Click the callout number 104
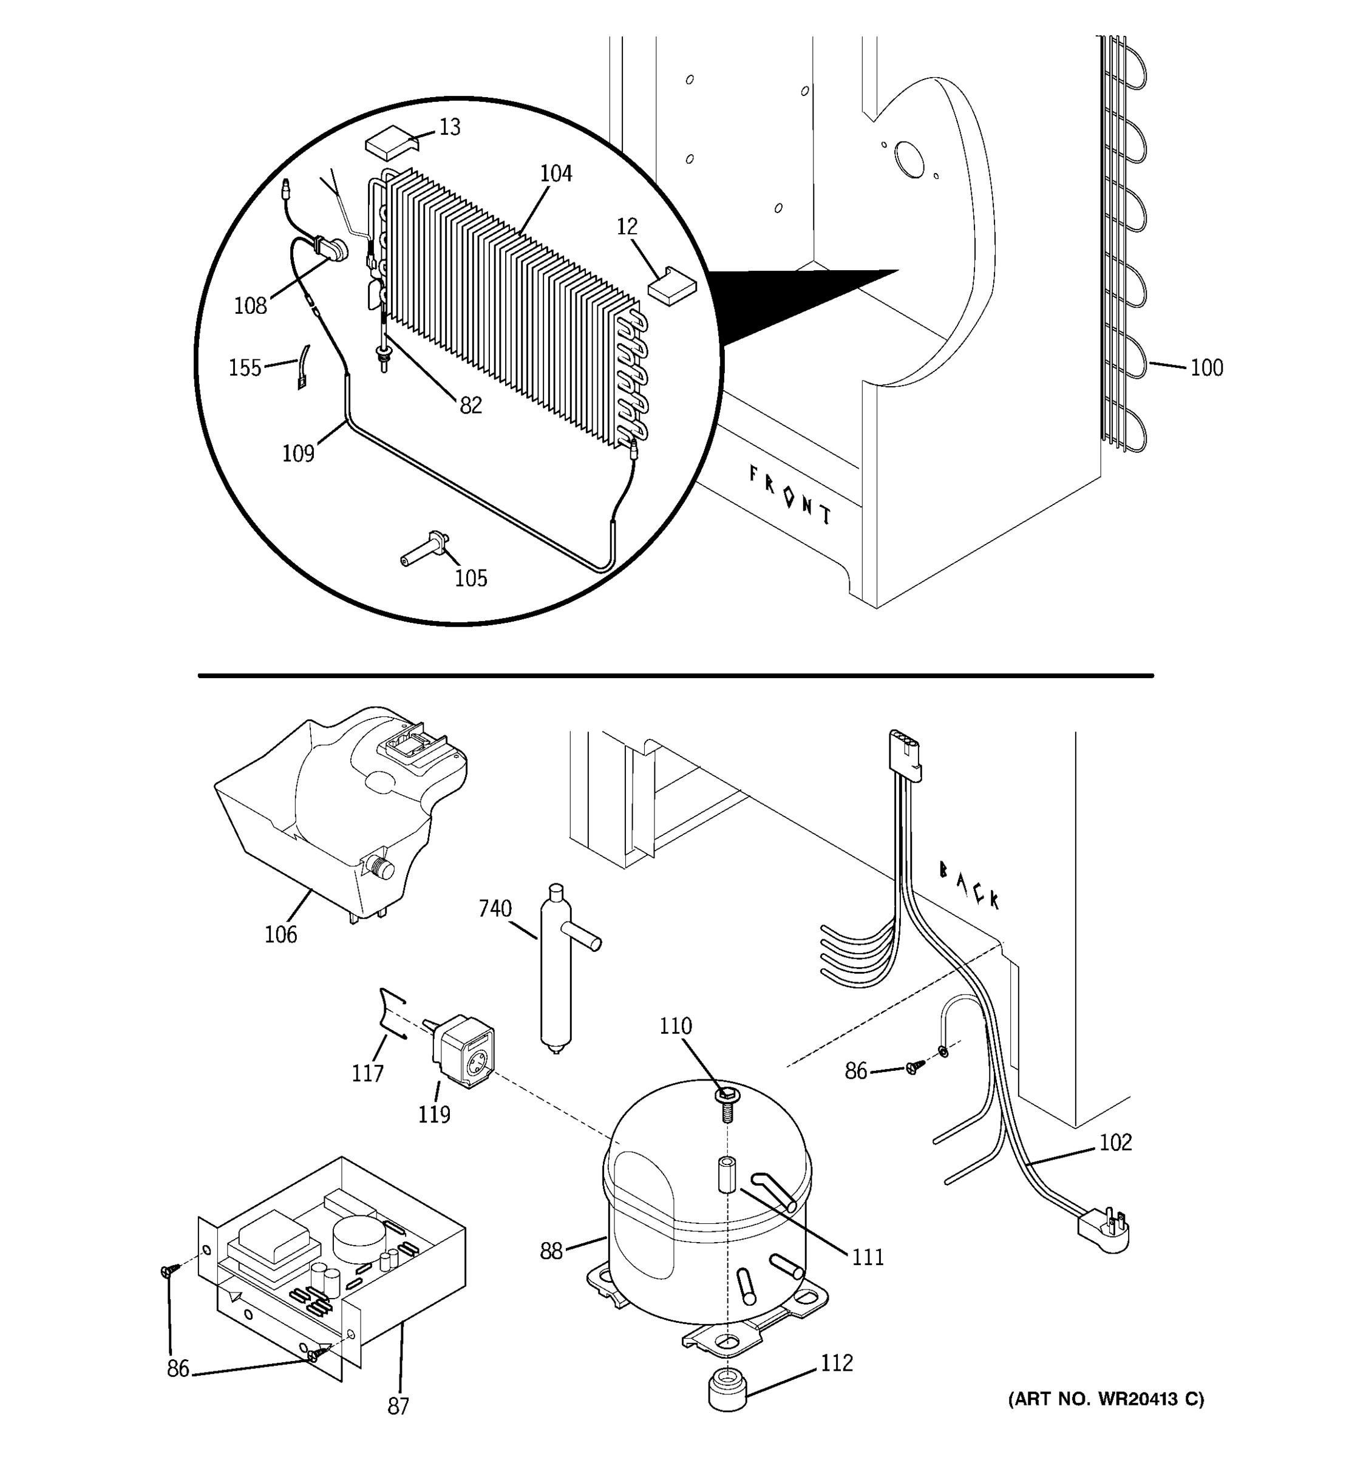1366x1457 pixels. (x=556, y=174)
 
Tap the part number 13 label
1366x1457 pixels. (x=450, y=127)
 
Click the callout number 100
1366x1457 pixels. (x=1206, y=367)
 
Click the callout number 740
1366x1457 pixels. (x=495, y=909)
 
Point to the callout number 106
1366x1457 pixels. (x=280, y=934)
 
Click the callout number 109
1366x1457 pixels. (x=298, y=453)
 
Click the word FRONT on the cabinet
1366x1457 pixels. (x=789, y=495)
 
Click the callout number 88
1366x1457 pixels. (x=551, y=1251)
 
